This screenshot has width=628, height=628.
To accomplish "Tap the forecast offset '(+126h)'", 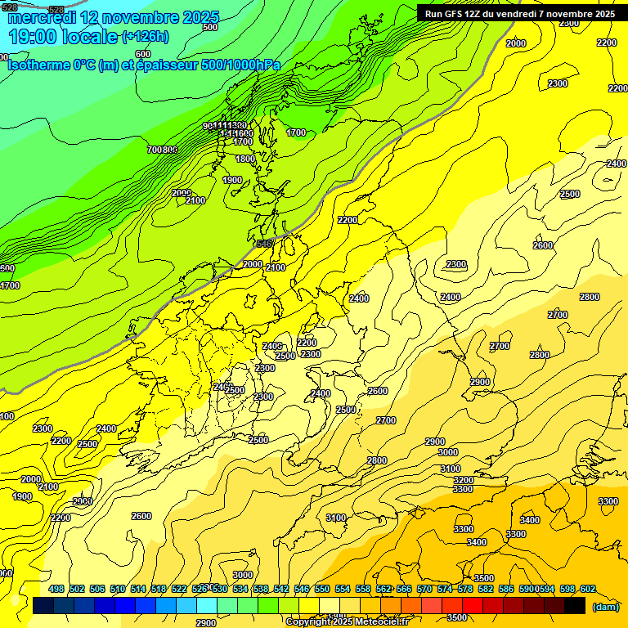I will [146, 36].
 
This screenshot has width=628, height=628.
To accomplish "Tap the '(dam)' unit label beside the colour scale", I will [604, 607].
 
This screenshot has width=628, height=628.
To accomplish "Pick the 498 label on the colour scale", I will [56, 589].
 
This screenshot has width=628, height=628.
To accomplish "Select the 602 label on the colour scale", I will [588, 589].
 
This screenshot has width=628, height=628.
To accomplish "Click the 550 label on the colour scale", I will [321, 589].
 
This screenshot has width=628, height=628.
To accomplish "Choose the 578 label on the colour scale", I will [464, 589].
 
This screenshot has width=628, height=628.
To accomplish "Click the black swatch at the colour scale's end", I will [575, 605].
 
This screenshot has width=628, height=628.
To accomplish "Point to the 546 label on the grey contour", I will [264, 244].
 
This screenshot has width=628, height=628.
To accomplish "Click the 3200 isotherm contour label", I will [463, 480].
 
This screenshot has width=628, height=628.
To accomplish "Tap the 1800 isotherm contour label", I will [244, 159].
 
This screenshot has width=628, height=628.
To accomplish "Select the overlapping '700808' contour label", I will [163, 150].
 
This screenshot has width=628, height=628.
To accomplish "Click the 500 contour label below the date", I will [210, 27].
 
